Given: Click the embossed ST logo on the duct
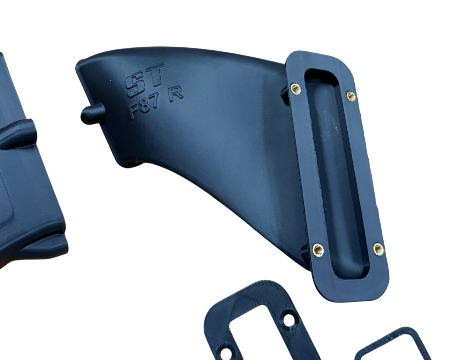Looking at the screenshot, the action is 145,79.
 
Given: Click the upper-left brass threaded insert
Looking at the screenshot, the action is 295,88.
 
